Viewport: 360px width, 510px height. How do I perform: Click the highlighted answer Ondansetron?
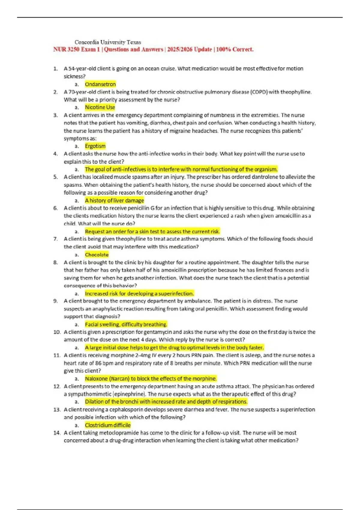[x=100, y=84]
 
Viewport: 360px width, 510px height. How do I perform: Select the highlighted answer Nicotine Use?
[x=100, y=107]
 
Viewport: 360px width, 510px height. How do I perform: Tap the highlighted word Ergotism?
[x=95, y=146]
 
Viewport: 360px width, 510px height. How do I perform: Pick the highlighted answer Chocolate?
[x=97, y=255]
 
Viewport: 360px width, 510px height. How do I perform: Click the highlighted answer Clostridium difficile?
[x=108, y=425]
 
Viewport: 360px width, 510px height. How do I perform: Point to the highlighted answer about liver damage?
[x=114, y=200]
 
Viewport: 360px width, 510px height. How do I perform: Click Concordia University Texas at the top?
[x=108, y=42]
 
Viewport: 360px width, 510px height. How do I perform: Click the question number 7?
[x=55, y=239]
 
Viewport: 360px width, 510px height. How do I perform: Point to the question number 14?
[x=57, y=433]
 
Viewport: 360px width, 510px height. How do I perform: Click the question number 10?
[x=57, y=332]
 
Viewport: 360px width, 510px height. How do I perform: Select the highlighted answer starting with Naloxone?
[x=151, y=379]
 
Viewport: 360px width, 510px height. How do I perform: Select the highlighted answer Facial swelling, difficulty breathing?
[x=126, y=324]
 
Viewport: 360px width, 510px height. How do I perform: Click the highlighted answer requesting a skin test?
[x=152, y=232]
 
